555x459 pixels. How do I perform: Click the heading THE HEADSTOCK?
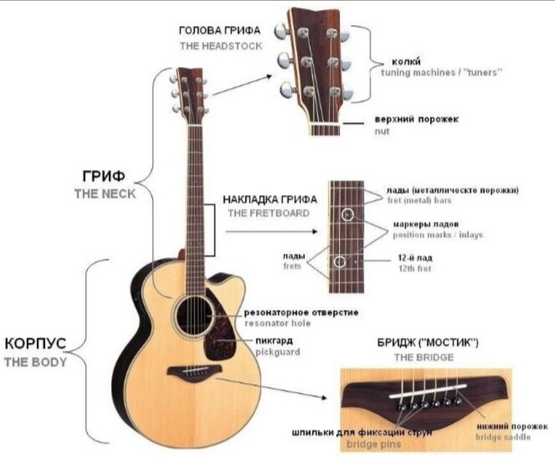click(221, 46)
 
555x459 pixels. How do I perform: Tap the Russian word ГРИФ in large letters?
click(104, 176)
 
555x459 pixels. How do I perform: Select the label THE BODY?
click(35, 362)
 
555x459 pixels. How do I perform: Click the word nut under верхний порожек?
click(383, 132)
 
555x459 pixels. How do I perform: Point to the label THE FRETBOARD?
click(269, 214)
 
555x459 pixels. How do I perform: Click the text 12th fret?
click(415, 269)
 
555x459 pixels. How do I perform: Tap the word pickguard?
click(278, 353)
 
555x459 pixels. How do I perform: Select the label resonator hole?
click(278, 323)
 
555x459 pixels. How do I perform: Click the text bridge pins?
click(374, 444)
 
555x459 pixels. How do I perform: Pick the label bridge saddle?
click(503, 437)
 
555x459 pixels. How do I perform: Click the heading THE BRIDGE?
click(424, 357)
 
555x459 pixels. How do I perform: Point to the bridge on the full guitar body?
click(194, 374)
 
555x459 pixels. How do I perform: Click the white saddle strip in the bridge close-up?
click(428, 390)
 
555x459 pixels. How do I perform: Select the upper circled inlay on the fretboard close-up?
click(347, 214)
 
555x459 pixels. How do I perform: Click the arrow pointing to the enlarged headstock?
click(243, 85)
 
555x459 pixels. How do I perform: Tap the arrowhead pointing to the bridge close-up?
click(323, 398)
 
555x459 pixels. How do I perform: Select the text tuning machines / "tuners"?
click(441, 73)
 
